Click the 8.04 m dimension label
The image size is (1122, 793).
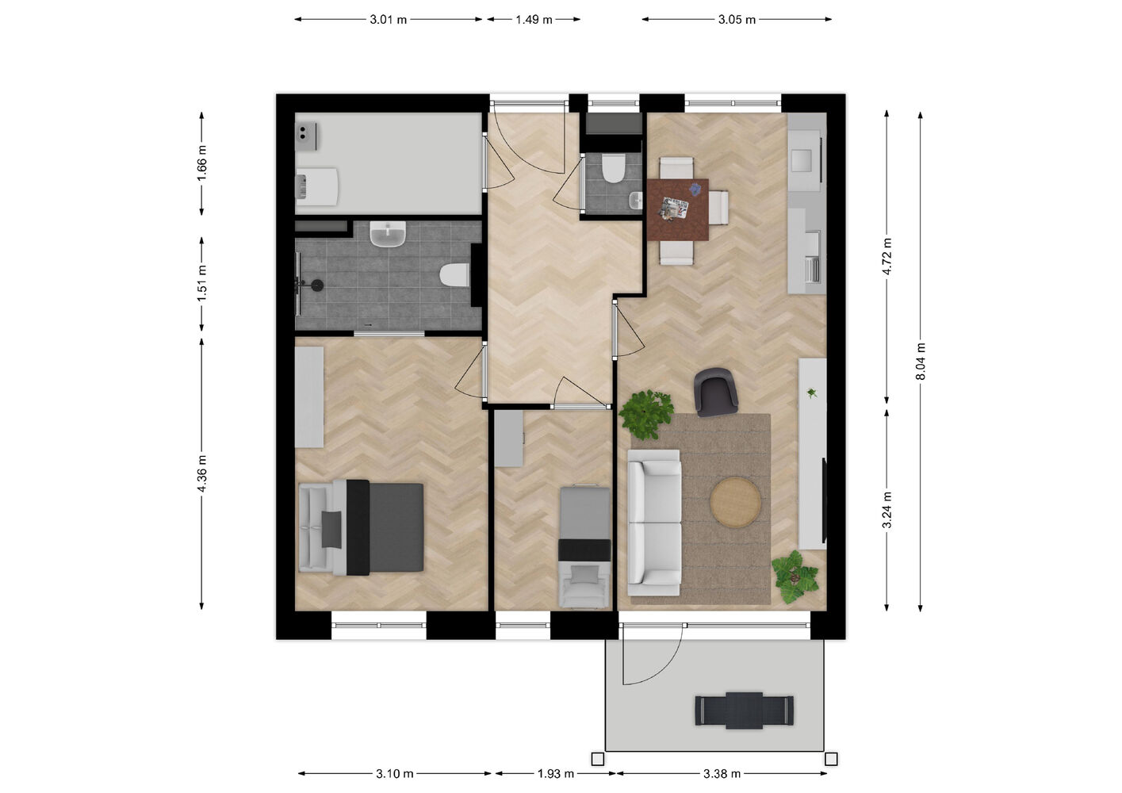click(x=920, y=361)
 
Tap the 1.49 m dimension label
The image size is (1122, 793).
click(x=534, y=20)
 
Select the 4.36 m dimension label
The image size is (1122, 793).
click(x=202, y=473)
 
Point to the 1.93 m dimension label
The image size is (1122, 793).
click(x=556, y=774)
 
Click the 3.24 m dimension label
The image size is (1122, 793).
click(x=886, y=510)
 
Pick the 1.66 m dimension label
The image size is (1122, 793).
click(x=202, y=163)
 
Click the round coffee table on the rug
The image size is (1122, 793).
click(x=735, y=502)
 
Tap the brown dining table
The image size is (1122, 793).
click(x=678, y=210)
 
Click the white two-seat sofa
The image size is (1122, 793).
click(x=654, y=523)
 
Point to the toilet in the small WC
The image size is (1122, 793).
click(x=613, y=168)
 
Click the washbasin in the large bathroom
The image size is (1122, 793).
click(x=388, y=234)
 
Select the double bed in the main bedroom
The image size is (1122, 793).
click(x=361, y=527)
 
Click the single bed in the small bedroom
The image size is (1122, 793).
click(x=584, y=546)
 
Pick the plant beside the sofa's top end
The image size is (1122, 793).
click(x=645, y=414)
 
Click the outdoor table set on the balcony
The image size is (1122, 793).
click(x=744, y=711)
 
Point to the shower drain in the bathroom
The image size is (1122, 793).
click(x=317, y=285)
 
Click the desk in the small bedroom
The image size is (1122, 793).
click(x=509, y=439)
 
